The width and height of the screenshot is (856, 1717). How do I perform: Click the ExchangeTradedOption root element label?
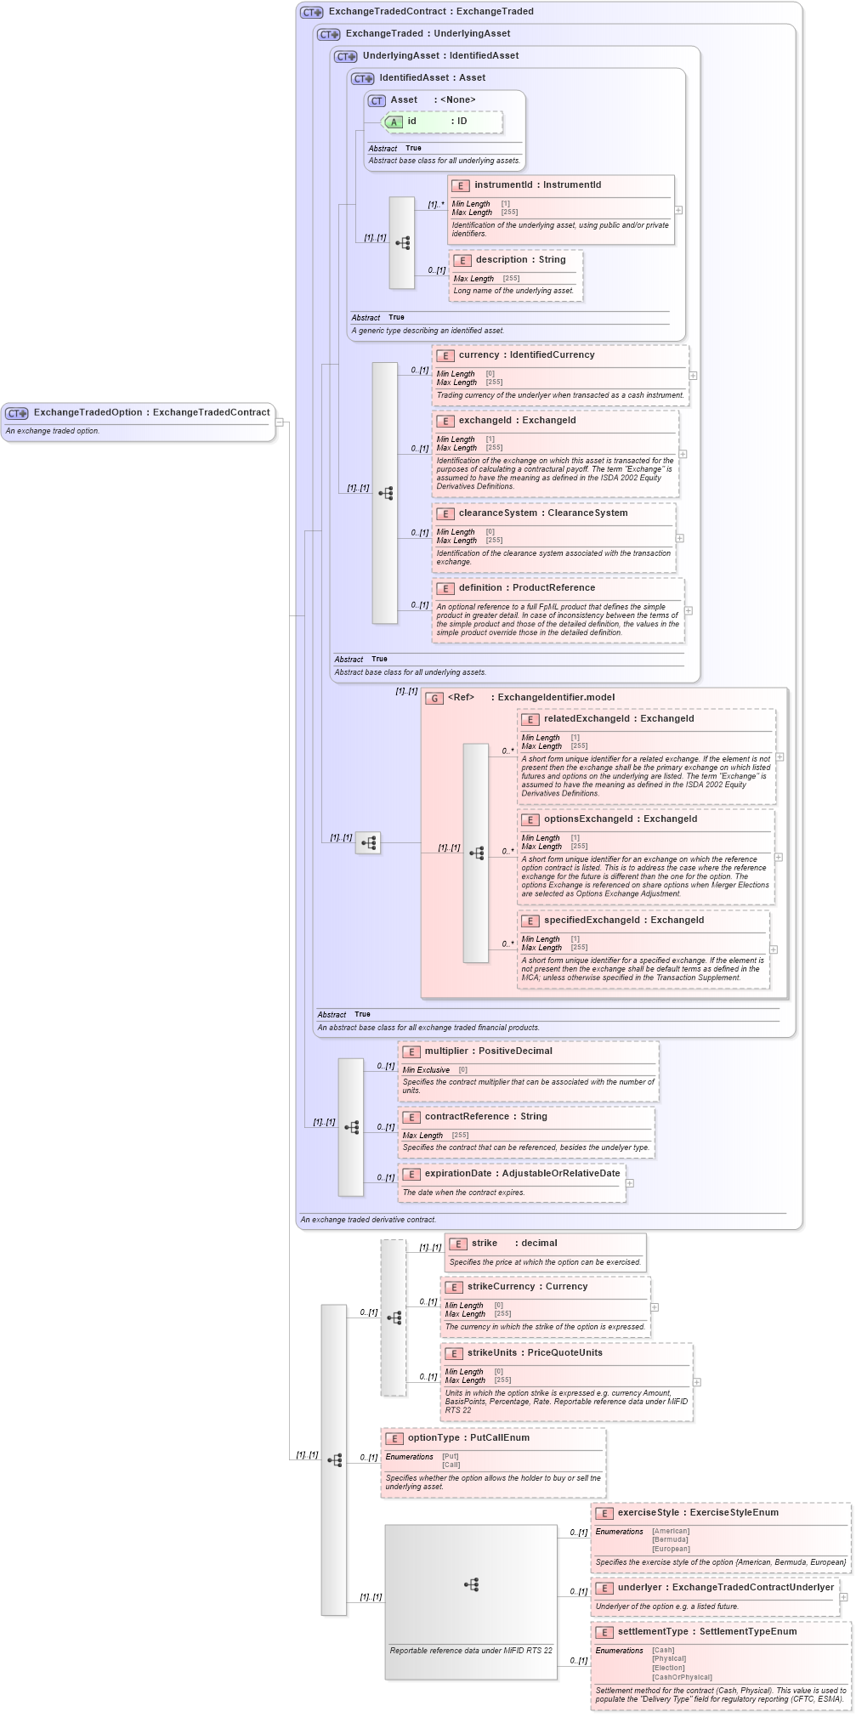point(151,412)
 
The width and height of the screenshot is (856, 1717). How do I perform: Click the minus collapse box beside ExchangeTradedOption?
point(279,422)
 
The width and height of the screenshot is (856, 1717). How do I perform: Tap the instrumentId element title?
point(537,184)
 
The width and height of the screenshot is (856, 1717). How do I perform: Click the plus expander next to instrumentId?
point(678,210)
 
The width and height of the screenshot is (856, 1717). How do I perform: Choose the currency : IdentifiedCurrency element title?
point(526,355)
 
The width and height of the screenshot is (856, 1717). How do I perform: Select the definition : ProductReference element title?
point(526,588)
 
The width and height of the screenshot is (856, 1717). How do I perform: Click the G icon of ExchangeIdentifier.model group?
point(434,698)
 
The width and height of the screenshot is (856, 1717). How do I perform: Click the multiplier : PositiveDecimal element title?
point(488,1051)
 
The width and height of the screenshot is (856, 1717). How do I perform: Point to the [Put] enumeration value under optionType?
point(450,1457)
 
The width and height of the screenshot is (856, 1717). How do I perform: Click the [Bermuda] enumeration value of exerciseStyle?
point(671,1540)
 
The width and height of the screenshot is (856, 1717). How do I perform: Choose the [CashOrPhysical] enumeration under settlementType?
point(682,1677)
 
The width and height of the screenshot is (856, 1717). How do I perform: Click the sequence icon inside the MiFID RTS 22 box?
point(471,1585)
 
